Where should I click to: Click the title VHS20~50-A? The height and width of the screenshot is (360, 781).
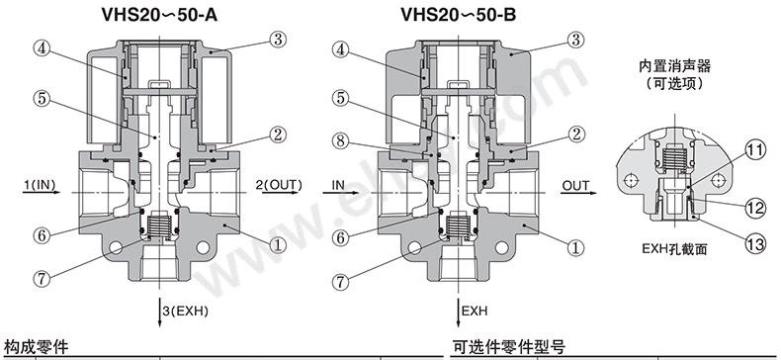[159, 15]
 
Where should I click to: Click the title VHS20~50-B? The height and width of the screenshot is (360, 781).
[459, 15]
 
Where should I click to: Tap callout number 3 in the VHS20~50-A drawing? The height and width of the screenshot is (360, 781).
[278, 39]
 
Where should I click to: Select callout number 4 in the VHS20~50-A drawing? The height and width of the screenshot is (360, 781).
[43, 48]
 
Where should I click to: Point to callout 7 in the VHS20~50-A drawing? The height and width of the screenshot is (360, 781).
[42, 278]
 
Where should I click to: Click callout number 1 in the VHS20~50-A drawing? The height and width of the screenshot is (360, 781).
[278, 244]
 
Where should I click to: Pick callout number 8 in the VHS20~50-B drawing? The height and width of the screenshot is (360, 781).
[341, 140]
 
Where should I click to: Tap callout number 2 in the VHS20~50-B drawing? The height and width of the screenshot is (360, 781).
[576, 135]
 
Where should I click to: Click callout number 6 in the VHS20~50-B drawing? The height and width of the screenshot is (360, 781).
[341, 236]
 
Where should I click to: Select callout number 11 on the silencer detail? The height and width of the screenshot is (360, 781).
[755, 150]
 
